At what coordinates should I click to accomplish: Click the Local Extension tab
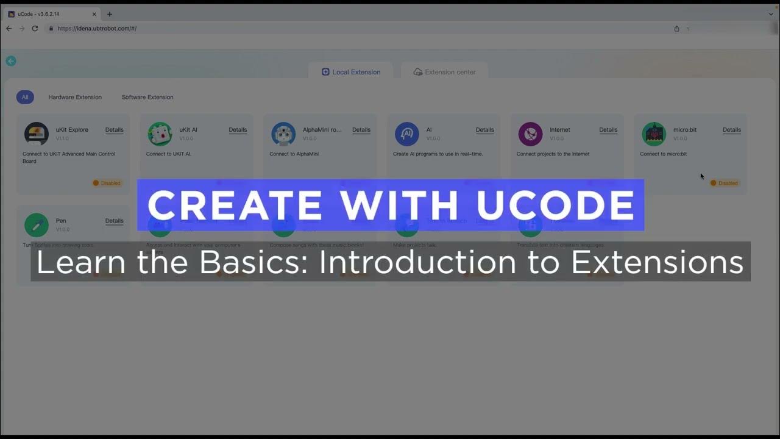coord(351,72)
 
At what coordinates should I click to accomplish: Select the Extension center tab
coord(444,72)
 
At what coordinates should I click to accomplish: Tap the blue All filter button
coord(25,97)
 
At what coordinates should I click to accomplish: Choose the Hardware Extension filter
coord(75,97)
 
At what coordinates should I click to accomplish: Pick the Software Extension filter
coord(147,97)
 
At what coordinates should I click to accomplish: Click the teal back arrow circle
coord(11,61)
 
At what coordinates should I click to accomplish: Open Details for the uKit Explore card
coord(114,130)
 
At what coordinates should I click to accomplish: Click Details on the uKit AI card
coord(238,130)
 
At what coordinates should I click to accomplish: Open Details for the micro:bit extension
coord(731,130)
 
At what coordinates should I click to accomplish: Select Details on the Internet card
coord(608,130)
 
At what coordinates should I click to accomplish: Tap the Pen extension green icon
coord(37,225)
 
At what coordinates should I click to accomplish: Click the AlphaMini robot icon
coord(283,134)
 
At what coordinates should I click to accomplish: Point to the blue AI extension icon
coord(407,134)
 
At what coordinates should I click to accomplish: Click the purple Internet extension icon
coord(530,134)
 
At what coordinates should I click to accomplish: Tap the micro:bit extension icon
coord(654,134)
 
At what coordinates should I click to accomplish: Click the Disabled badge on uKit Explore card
coord(107,183)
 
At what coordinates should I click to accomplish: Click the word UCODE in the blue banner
coord(555,205)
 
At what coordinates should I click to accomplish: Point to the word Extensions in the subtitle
coord(657,262)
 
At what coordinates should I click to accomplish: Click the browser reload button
coord(35,29)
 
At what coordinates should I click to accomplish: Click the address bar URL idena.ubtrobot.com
coord(97,29)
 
